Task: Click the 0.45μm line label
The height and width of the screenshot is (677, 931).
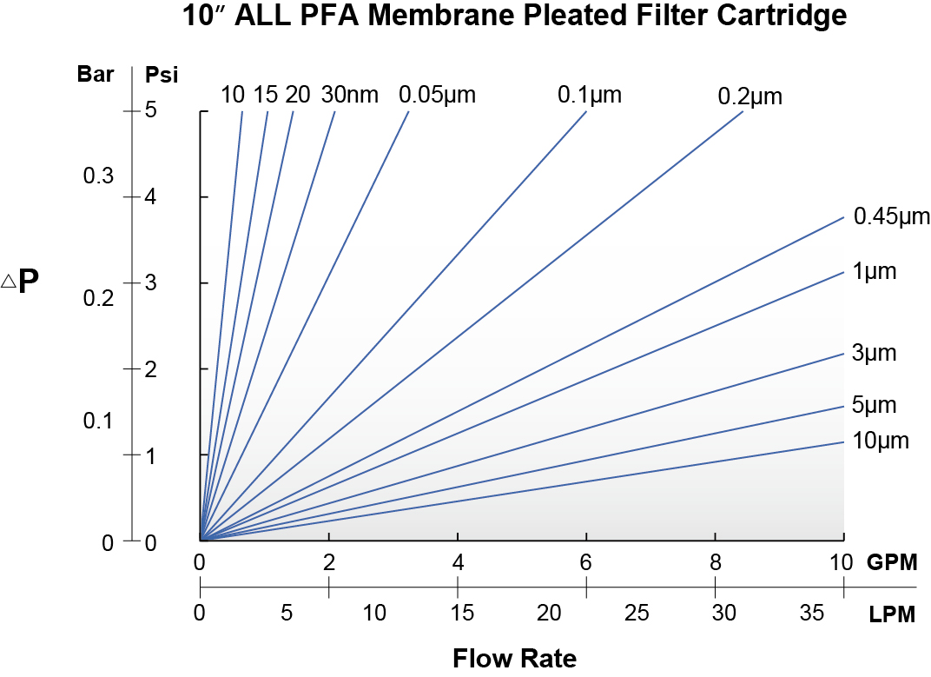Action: click(892, 216)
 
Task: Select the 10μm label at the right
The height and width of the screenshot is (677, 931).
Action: click(881, 441)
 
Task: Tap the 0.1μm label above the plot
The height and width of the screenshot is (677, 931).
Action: click(590, 95)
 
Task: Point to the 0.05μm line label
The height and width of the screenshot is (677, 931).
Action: click(437, 95)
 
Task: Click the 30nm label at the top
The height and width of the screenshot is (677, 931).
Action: click(350, 95)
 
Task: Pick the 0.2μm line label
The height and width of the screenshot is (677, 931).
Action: click(750, 96)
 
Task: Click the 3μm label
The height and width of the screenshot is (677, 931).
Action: click(874, 354)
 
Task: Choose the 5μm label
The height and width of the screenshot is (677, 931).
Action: click(874, 405)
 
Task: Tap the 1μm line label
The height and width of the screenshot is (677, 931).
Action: click(874, 272)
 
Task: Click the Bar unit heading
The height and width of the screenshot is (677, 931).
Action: click(96, 74)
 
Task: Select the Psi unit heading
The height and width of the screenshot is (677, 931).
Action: click(162, 75)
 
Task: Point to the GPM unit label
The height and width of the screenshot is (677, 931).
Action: click(892, 562)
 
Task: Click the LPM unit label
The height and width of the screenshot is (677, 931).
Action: click(892, 615)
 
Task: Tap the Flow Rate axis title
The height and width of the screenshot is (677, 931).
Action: click(514, 658)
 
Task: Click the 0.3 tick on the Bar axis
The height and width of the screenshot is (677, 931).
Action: click(98, 176)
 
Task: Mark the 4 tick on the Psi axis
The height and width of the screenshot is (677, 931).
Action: click(151, 197)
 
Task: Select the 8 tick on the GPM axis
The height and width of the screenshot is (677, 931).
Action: click(715, 562)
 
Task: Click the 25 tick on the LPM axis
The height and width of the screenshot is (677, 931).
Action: click(637, 614)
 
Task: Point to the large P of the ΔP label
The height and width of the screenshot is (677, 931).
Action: click(29, 282)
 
